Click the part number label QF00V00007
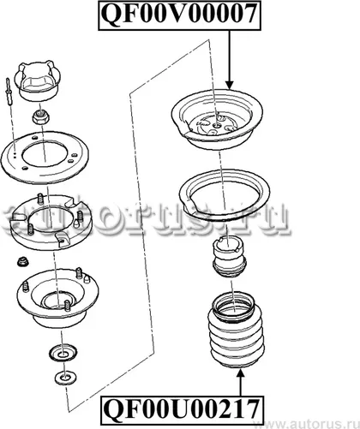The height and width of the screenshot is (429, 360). (x=179, y=15)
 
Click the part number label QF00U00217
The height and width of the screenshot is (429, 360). (x=182, y=410)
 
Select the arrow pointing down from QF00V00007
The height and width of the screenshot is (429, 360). (x=229, y=59)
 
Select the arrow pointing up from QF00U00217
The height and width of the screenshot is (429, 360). (x=241, y=382)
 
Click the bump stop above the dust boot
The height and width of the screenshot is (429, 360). (x=230, y=257)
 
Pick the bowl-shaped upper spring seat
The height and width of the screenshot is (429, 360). (x=217, y=119)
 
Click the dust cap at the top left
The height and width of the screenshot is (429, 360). (x=38, y=80)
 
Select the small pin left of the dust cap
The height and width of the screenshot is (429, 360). (x=9, y=92)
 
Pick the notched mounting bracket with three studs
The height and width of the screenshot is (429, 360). (x=51, y=223)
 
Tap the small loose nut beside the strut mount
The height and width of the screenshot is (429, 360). (x=21, y=261)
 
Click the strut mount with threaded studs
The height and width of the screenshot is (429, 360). (x=57, y=298)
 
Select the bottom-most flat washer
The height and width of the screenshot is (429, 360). (x=65, y=378)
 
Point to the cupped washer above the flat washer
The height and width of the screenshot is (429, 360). (x=63, y=353)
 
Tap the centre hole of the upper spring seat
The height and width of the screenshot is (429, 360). (x=218, y=125)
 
